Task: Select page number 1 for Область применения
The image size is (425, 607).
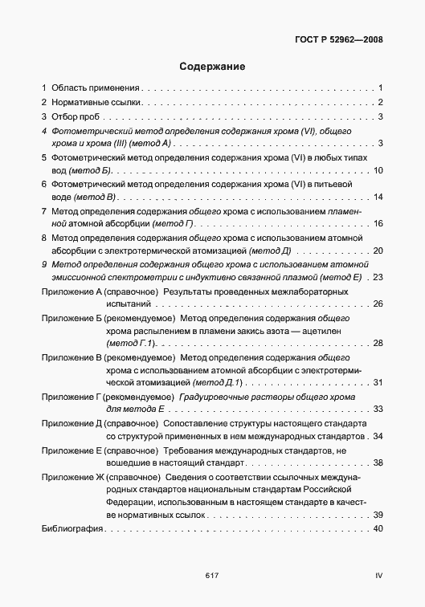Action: (380, 87)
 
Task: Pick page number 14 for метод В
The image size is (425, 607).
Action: (378, 198)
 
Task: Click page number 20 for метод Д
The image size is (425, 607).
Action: (378, 251)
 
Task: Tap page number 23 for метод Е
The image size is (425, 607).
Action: (378, 277)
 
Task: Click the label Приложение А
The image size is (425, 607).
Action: (73, 291)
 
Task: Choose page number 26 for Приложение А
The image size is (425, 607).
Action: (378, 303)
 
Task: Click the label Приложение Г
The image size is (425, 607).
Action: (72, 397)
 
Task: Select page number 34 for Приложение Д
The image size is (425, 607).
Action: (378, 436)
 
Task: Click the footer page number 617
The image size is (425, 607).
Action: (212, 576)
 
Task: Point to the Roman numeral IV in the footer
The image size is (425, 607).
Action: (378, 576)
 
